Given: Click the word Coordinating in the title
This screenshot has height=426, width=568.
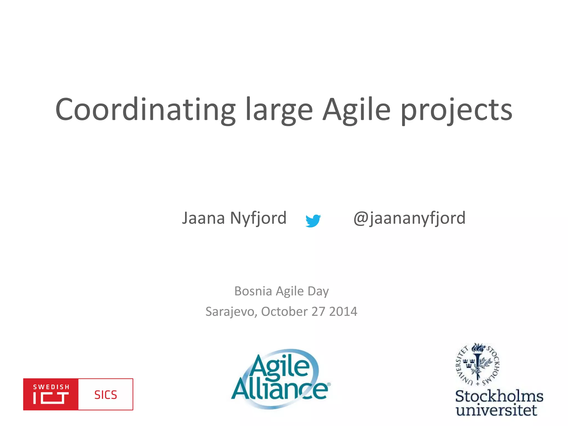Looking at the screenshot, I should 145,110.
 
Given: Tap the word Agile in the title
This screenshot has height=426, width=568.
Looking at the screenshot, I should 356,110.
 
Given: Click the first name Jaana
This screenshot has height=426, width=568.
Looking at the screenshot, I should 203,218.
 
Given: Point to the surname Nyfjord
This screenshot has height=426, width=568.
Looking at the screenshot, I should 258,219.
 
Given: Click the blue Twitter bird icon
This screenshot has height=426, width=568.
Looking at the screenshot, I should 313,221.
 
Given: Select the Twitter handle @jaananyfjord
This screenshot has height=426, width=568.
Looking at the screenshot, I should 409,219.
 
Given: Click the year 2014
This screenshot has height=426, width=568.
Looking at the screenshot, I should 343,311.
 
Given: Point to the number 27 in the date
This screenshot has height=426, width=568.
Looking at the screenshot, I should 318,311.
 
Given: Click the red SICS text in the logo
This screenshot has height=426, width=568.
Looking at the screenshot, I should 106,395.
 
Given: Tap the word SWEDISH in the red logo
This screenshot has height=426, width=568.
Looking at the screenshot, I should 51,387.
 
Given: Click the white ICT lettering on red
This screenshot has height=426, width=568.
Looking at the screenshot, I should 51,398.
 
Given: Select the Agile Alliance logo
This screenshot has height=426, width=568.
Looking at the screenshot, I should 280,379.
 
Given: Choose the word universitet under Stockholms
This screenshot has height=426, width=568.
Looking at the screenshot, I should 496,410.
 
